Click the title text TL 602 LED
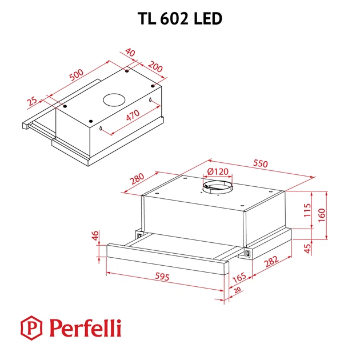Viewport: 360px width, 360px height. (180, 19)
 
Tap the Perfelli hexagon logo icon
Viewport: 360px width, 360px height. (31, 327)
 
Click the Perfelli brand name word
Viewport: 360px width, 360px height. (85, 328)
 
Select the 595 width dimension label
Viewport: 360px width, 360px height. (162, 277)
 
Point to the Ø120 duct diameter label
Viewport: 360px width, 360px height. (218, 171)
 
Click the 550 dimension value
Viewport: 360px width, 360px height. (261, 163)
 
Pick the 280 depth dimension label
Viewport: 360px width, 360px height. (137, 179)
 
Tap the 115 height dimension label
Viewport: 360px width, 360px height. (307, 210)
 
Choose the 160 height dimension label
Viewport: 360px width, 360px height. (322, 215)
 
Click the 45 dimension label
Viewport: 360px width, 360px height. (307, 249)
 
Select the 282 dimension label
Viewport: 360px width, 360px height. (271, 262)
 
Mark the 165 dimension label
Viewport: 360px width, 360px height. (239, 278)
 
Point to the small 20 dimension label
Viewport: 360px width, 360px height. (237, 290)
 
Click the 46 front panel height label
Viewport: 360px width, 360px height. (95, 235)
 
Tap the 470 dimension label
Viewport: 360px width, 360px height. (133, 115)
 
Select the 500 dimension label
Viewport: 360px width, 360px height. (77, 75)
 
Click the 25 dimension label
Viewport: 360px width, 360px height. (32, 101)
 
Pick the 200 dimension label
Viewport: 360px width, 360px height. (155, 67)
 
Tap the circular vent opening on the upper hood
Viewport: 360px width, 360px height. (114, 100)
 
